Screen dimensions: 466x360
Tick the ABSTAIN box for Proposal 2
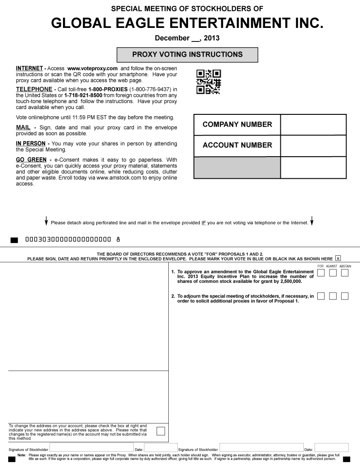click(x=345, y=296)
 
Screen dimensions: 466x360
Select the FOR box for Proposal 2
click(x=321, y=296)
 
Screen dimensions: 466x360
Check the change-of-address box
click(x=160, y=431)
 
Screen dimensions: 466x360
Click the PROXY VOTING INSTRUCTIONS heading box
click(x=187, y=54)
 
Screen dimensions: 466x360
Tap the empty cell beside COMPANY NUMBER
click(x=313, y=125)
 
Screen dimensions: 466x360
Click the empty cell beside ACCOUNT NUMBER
click(x=313, y=145)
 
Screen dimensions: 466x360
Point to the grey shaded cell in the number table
click(x=237, y=167)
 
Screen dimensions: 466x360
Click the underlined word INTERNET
click(x=29, y=68)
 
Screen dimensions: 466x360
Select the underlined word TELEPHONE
click(x=34, y=89)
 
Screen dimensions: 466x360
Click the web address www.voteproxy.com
click(x=92, y=68)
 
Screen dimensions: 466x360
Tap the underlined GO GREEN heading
click(x=31, y=160)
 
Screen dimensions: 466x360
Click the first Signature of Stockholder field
click(x=91, y=448)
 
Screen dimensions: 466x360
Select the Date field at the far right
click(x=331, y=448)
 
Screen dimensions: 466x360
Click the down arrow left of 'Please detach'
click(x=46, y=221)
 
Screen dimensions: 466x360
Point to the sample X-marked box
click(x=338, y=258)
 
